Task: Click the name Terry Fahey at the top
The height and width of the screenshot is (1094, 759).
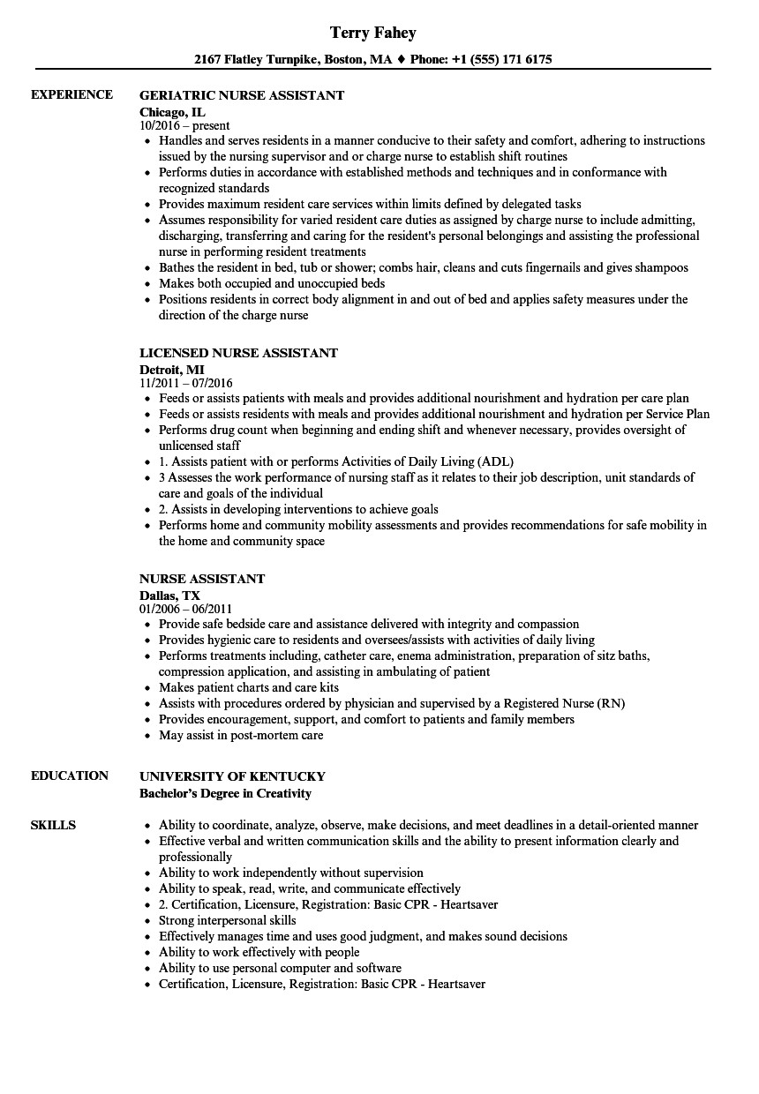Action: pyautogui.click(x=372, y=33)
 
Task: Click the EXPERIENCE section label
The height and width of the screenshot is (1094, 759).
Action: pyautogui.click(x=71, y=94)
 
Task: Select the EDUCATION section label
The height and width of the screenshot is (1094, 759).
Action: pyautogui.click(x=70, y=776)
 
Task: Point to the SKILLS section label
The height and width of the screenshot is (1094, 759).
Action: pyautogui.click(x=53, y=825)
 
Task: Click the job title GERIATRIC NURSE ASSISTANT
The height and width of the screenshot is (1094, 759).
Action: pyautogui.click(x=242, y=95)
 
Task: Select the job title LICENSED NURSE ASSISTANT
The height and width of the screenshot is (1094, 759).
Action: pyautogui.click(x=238, y=353)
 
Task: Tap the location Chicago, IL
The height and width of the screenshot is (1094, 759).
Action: pyautogui.click(x=172, y=111)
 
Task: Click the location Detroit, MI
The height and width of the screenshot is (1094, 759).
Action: pyautogui.click(x=172, y=369)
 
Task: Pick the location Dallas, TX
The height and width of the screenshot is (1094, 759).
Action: pyautogui.click(x=169, y=595)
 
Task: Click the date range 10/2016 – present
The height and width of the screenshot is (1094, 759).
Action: pyautogui.click(x=184, y=125)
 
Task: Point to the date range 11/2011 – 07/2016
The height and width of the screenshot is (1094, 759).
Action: pyautogui.click(x=185, y=383)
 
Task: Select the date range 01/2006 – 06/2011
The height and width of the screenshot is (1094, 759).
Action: pyautogui.click(x=185, y=609)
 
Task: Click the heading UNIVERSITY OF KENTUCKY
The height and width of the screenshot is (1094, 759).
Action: pyautogui.click(x=232, y=776)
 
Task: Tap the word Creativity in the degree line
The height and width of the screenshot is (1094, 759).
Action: pyautogui.click(x=282, y=792)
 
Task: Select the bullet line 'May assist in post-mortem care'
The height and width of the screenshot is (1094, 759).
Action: pyautogui.click(x=241, y=735)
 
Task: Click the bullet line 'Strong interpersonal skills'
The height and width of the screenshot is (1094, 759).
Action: pyautogui.click(x=228, y=920)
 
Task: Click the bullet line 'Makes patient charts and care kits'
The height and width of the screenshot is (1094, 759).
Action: pyautogui.click(x=249, y=687)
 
